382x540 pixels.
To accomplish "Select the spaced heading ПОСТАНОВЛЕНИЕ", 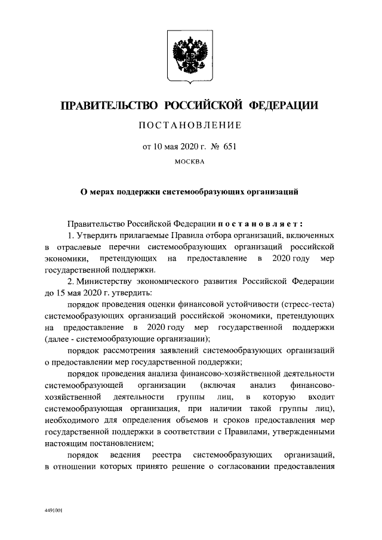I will click(x=190, y=125).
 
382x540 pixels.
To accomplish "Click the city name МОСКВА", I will click(x=190, y=161).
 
